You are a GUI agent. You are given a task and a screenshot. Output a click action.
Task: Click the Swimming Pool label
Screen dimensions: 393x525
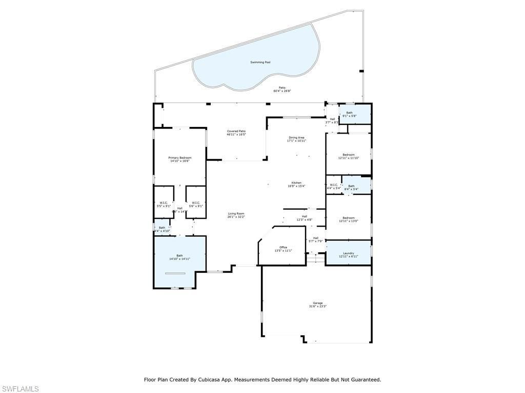260,62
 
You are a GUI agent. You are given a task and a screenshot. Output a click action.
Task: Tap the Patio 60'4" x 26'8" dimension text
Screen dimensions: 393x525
282,91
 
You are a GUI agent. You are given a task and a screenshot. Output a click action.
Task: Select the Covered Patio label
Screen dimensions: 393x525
236,132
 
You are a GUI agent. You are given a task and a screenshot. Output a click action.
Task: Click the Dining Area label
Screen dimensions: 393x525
297,137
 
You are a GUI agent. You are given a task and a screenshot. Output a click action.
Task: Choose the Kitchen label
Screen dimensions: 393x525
296,183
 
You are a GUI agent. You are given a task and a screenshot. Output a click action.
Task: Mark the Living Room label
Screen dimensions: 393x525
236,213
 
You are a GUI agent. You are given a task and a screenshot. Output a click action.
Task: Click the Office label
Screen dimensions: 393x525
284,247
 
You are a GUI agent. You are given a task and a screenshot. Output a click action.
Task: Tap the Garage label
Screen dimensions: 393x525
318,303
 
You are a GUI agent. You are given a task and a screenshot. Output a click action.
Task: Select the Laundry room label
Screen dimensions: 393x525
349,253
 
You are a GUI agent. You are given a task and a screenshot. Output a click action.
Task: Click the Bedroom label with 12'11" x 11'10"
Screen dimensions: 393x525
349,155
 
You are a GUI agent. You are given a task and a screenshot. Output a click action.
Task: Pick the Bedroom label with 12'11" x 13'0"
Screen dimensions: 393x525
349,218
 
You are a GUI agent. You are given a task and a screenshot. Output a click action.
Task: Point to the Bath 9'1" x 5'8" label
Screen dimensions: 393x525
349,113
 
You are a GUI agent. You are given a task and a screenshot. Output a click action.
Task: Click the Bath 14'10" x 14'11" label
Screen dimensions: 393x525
179,255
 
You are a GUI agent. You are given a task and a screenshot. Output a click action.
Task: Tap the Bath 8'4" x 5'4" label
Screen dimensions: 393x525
351,186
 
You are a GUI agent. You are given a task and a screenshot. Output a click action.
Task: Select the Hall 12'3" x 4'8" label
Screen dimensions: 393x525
305,216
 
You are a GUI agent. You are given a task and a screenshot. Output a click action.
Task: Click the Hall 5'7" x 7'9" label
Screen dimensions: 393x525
316,238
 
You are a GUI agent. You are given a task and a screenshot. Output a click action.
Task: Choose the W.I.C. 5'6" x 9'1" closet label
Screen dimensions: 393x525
195,203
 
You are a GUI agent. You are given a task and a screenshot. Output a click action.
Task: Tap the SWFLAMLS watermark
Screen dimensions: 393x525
19,389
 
